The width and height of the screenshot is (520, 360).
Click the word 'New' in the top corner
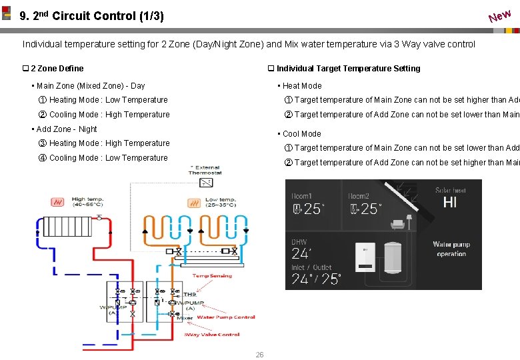[499, 14]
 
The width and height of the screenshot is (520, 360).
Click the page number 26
[259, 355]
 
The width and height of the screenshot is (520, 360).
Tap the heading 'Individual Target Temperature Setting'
[348, 68]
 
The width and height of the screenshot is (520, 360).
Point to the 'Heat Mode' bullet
[301, 85]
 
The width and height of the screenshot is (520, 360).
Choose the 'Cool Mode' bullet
[301, 133]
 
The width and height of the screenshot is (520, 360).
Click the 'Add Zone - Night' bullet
[67, 129]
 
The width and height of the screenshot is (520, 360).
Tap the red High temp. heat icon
[59, 202]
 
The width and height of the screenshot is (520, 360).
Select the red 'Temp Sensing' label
[212, 275]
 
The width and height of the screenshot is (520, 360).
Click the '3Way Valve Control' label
[212, 335]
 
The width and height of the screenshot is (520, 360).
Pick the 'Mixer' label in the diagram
[185, 319]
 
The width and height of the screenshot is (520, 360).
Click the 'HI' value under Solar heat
[450, 202]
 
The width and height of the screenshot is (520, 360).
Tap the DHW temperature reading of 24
[301, 253]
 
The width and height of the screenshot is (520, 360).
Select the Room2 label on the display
[359, 196]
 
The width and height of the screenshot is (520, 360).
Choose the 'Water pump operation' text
[451, 249]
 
